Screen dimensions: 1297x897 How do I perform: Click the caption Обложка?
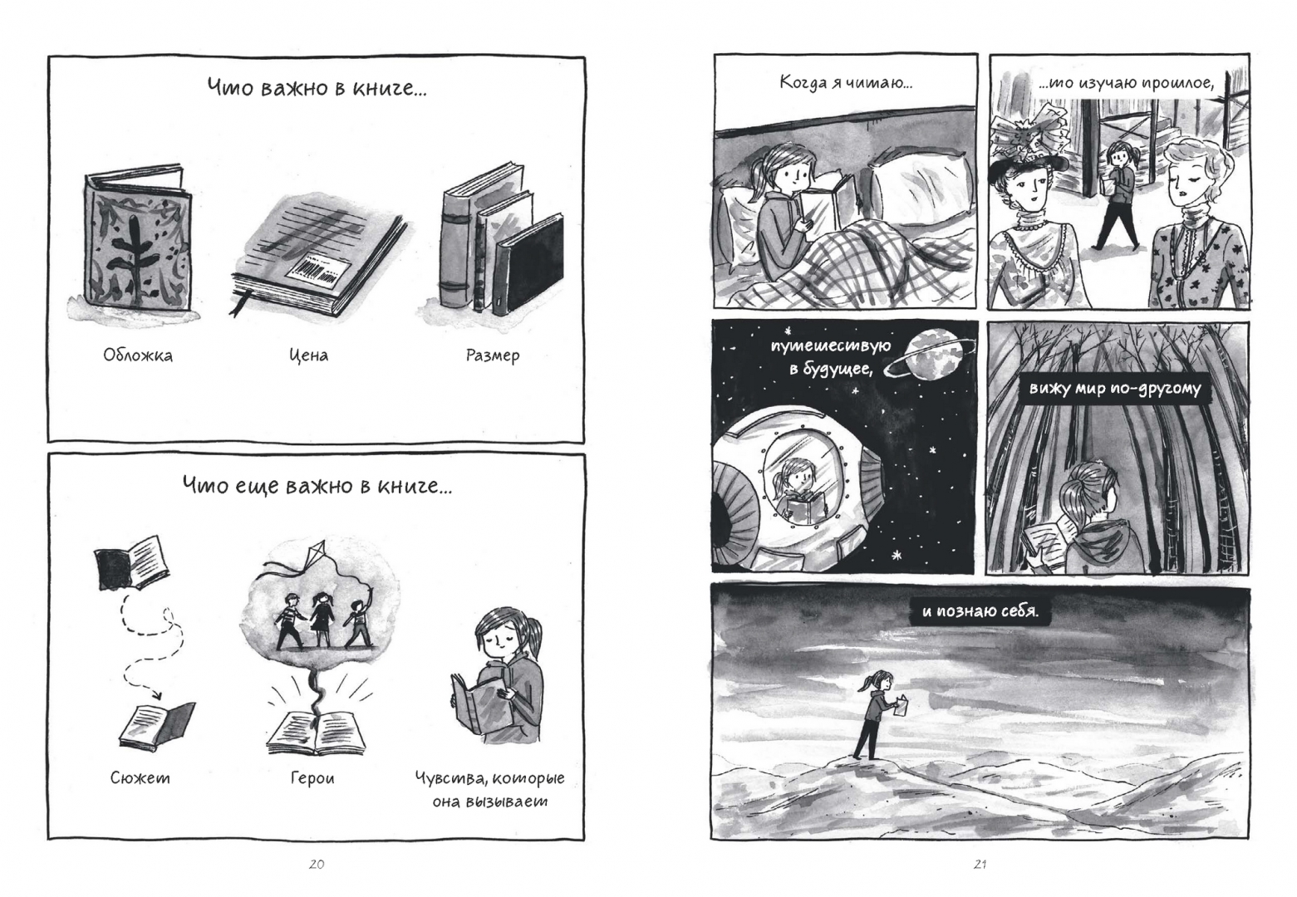(x=138, y=355)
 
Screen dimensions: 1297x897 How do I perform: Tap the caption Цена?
(x=308, y=355)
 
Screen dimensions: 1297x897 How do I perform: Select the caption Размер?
(x=492, y=355)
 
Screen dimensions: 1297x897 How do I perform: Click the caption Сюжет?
(x=140, y=777)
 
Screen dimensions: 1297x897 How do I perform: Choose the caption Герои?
(x=312, y=777)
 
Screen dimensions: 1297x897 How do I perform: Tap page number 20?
(x=316, y=865)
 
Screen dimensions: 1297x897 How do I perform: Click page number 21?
(x=980, y=865)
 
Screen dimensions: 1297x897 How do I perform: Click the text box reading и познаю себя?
(x=980, y=611)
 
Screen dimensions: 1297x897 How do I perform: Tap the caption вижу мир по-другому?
(x=1115, y=389)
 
